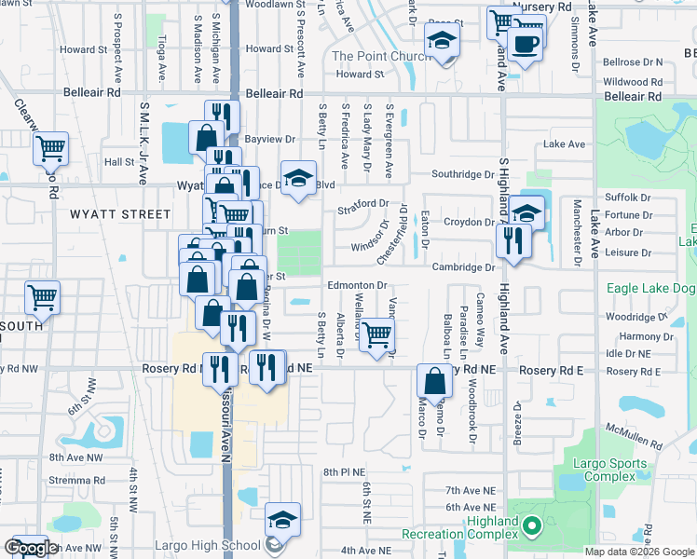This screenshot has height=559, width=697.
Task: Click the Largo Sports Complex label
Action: pyautogui.click(x=607, y=463)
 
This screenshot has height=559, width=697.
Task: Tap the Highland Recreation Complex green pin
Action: pyautogui.click(x=532, y=528)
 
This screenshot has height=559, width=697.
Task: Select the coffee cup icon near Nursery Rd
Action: pyautogui.click(x=526, y=44)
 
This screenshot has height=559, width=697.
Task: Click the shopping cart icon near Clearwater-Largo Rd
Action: pyautogui.click(x=50, y=148)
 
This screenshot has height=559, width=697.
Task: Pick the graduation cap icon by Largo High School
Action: pyautogui.click(x=282, y=520)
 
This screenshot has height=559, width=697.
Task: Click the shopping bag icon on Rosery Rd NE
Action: pyautogui.click(x=435, y=380)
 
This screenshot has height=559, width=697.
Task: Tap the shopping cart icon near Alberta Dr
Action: pyautogui.click(x=376, y=334)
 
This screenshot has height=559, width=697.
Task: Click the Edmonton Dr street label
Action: pyautogui.click(x=356, y=285)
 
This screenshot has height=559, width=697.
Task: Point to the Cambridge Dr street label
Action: pyautogui.click(x=462, y=267)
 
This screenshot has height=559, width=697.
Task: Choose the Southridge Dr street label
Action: pyautogui.click(x=462, y=174)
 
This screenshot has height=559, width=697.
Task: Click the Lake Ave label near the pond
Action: pyautogui.click(x=564, y=144)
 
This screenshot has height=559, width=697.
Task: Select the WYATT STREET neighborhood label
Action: pyautogui.click(x=107, y=214)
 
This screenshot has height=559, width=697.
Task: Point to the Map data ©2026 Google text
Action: pyautogui.click(x=639, y=552)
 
